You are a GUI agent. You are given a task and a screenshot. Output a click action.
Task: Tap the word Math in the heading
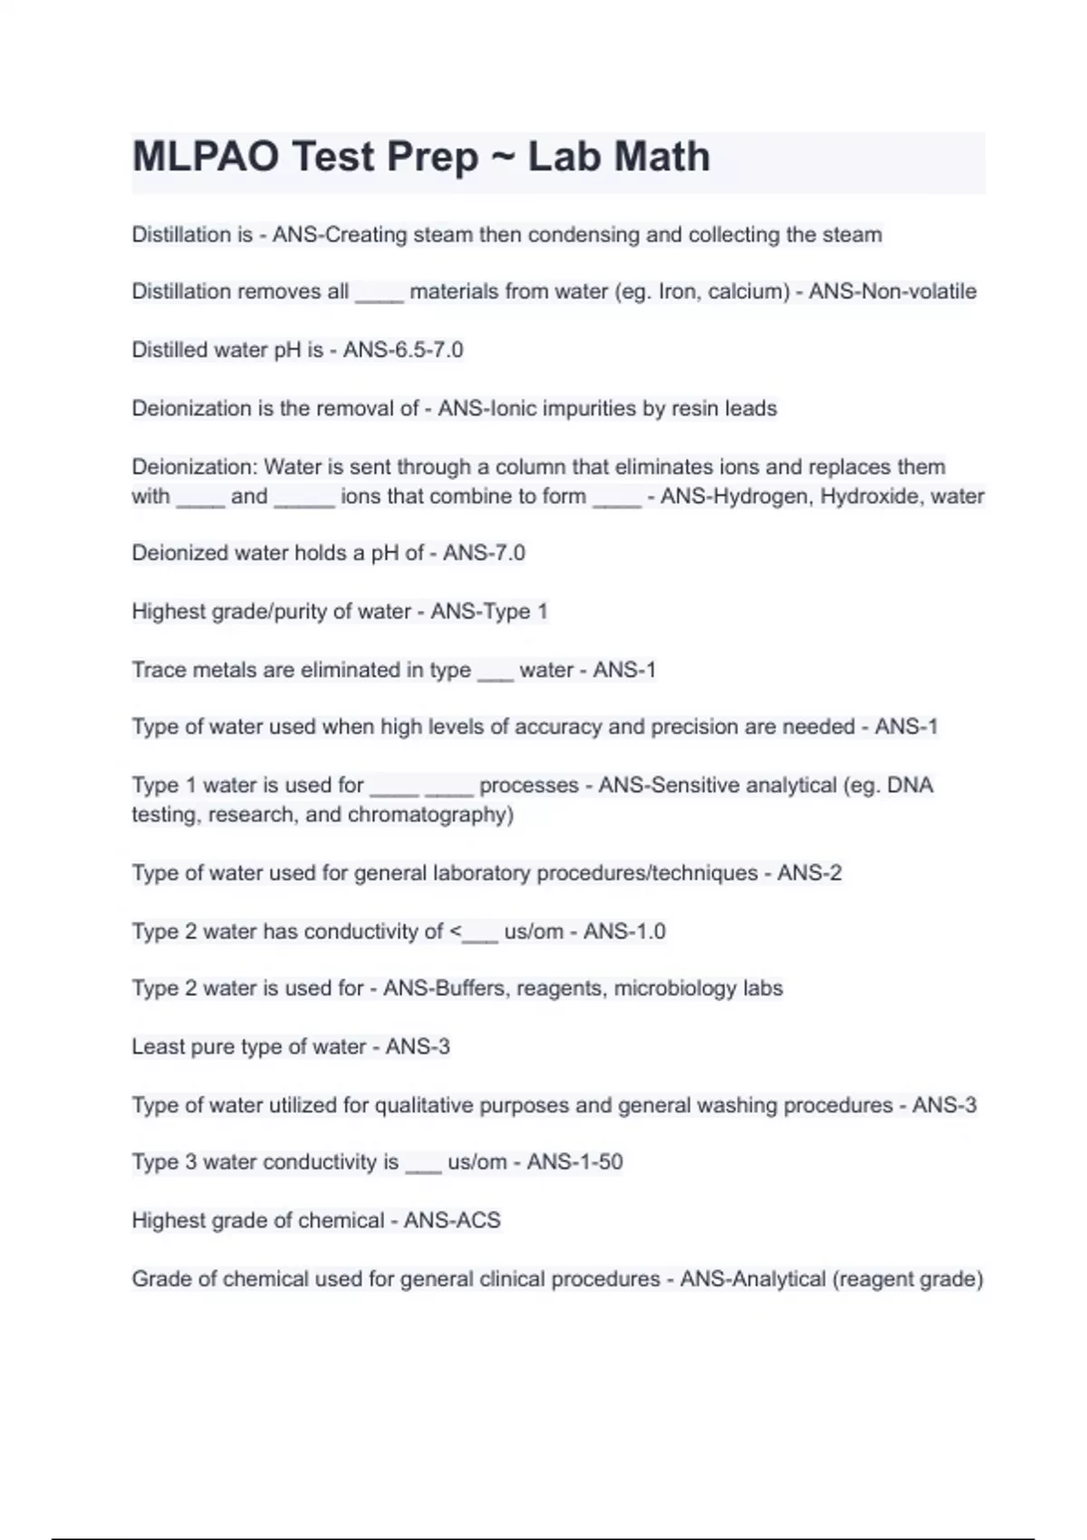pyautogui.click(x=663, y=157)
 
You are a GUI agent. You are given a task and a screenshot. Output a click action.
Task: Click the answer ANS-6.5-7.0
pyautogui.click(x=403, y=350)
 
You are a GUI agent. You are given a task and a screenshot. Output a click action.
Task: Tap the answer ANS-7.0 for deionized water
pyautogui.click(x=484, y=553)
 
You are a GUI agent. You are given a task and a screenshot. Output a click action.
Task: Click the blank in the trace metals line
pyautogui.click(x=495, y=672)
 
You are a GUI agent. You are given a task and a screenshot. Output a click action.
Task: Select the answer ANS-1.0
pyautogui.click(x=624, y=931)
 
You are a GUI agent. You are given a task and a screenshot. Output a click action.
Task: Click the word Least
pyautogui.click(x=156, y=1047)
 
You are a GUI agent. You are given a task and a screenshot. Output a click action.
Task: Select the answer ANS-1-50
pyautogui.click(x=574, y=1162)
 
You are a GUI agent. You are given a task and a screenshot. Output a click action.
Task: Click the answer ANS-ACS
pyautogui.click(x=452, y=1221)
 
